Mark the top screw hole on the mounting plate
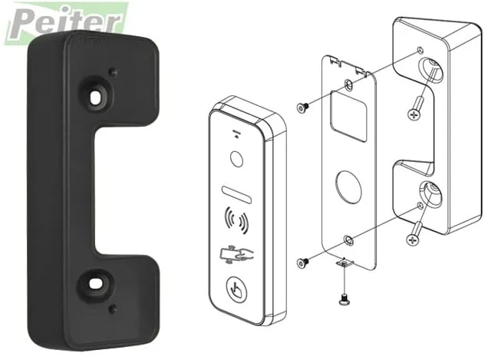point(350,81)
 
